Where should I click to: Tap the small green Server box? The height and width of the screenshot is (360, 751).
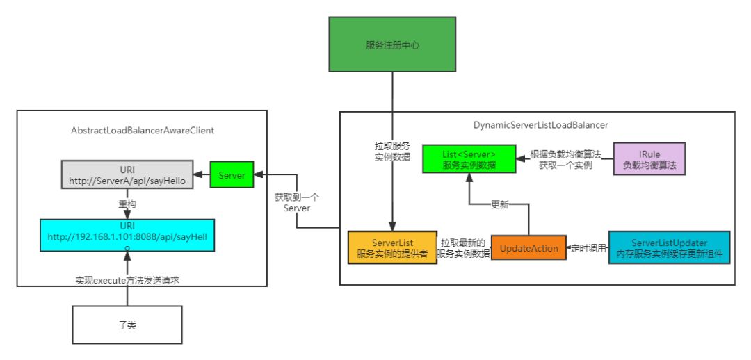pos(232,175)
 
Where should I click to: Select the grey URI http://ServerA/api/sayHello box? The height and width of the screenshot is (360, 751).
pos(127,175)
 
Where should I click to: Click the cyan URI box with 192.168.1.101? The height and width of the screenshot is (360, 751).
pos(127,236)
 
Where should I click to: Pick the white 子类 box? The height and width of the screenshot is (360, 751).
pos(127,325)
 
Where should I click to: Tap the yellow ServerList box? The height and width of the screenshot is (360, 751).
pos(392,247)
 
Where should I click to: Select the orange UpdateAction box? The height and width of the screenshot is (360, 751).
pos(528,247)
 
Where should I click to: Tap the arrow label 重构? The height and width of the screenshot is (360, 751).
pos(127,206)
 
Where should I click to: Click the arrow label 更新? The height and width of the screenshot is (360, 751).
pos(499,206)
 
